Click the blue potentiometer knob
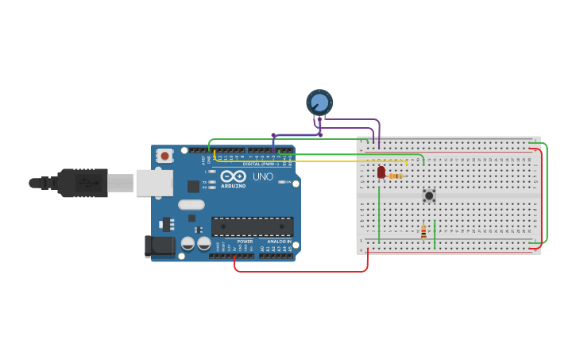click(319, 102)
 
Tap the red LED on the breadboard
click(381, 172)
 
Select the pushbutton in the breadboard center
click(429, 195)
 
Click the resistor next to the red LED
click(396, 176)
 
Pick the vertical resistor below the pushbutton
click(423, 231)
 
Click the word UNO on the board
click(262, 176)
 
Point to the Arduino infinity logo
click(234, 176)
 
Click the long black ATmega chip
click(252, 226)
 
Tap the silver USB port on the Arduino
click(154, 183)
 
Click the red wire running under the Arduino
click(302, 272)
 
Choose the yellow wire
click(318, 161)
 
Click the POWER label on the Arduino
click(245, 242)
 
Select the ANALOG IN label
click(278, 242)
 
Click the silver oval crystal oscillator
click(191, 205)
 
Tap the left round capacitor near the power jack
click(188, 243)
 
